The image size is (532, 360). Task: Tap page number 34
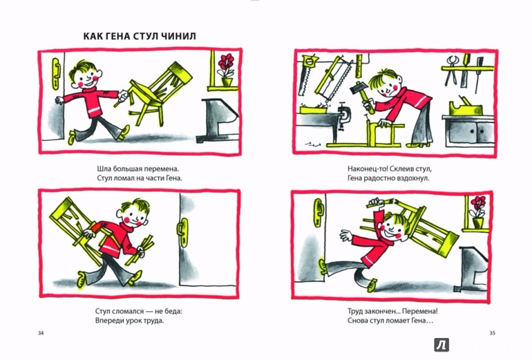[x=41, y=333]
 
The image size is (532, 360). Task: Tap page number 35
[x=492, y=333]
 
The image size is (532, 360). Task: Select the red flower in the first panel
[x=226, y=64]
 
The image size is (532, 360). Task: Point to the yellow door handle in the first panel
[x=56, y=74]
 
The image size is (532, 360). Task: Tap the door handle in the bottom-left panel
[x=182, y=232]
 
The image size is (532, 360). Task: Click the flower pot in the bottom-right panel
[x=477, y=222]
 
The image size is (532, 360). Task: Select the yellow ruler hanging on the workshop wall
[x=359, y=65]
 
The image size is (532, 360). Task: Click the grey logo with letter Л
[x=441, y=345]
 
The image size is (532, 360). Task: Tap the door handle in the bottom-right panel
[x=319, y=213]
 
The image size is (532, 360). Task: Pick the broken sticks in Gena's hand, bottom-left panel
[x=140, y=249]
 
